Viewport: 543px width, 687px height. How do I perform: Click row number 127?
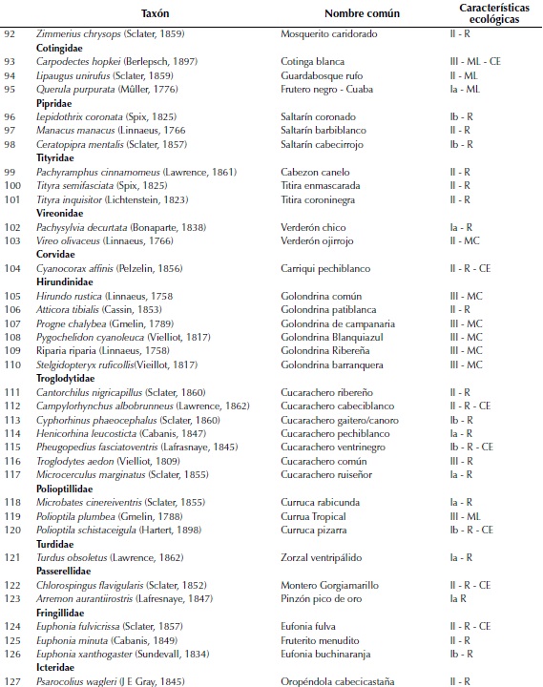point(13,681)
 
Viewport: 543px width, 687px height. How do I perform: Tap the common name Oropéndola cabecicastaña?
point(341,681)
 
